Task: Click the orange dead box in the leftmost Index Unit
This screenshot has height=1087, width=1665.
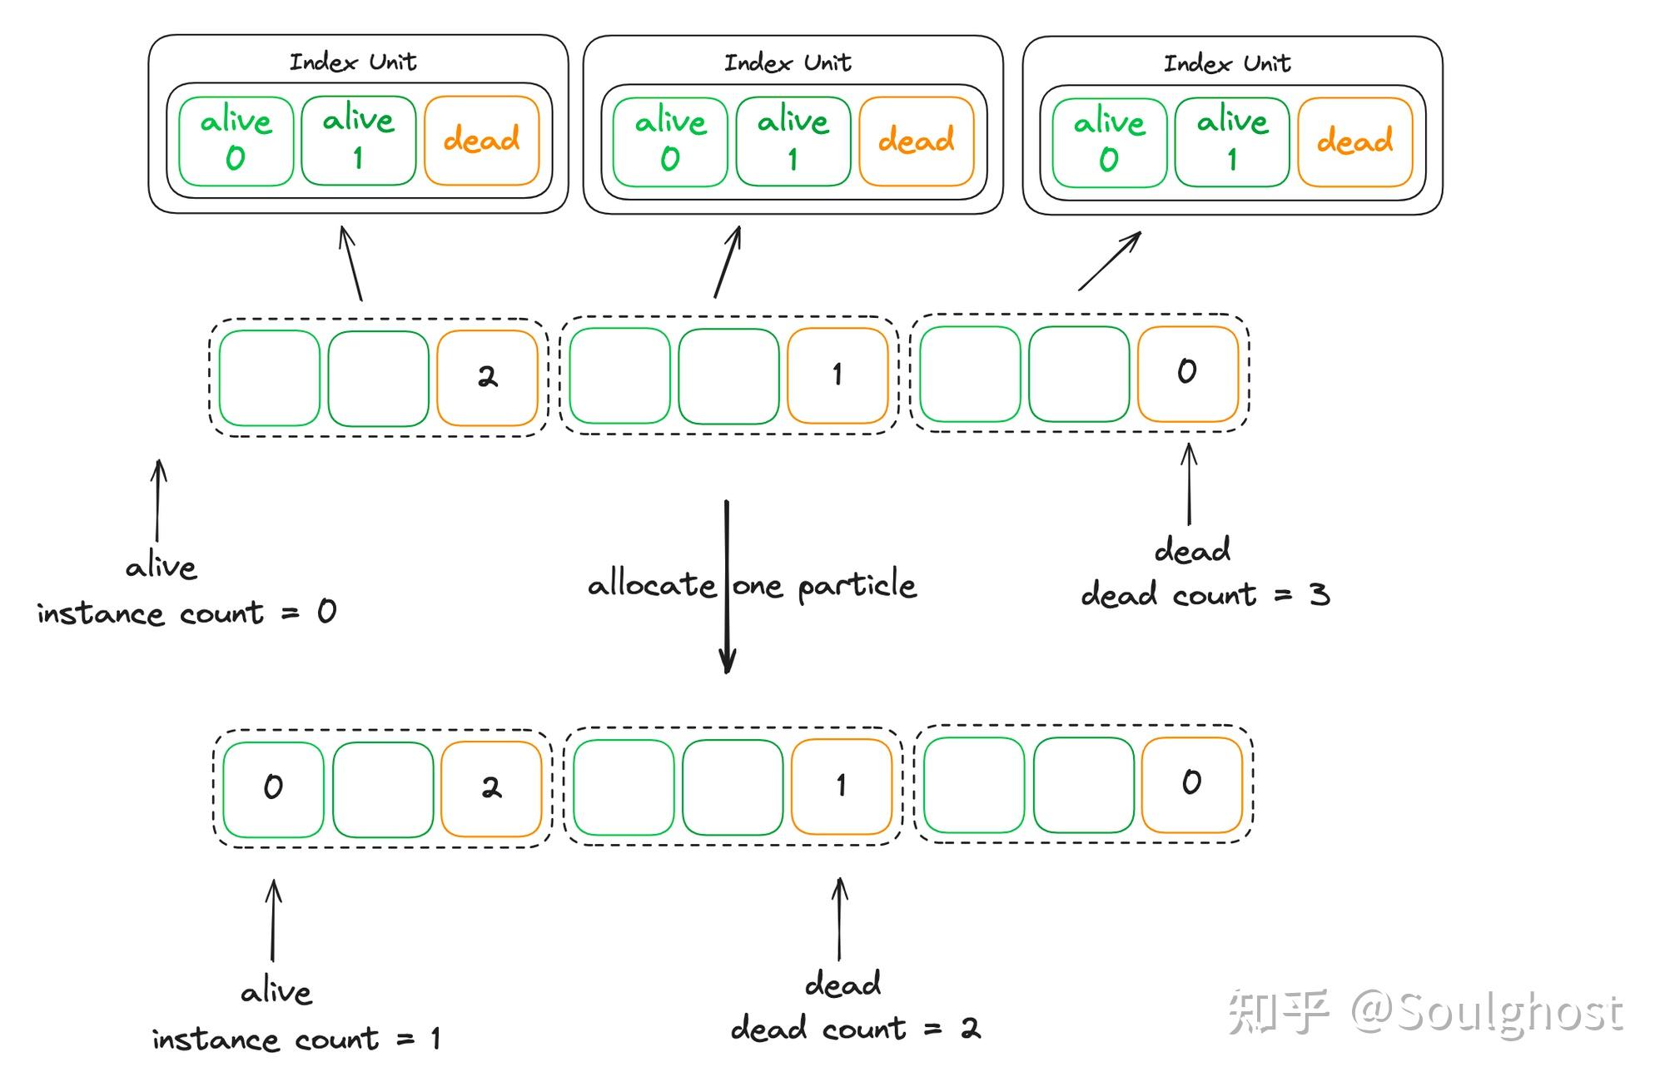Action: [x=481, y=140]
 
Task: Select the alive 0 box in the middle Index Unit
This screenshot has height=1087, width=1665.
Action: [x=670, y=141]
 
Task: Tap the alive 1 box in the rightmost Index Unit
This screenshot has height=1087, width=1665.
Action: [x=1231, y=141]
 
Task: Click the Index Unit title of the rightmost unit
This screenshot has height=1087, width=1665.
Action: [x=1226, y=63]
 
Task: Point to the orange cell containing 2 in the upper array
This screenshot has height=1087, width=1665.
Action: [x=487, y=378]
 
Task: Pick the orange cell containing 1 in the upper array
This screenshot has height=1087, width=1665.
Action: [x=837, y=375]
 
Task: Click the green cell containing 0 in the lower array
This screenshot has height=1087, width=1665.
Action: [x=273, y=788]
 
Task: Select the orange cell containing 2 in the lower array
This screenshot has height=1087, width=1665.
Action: [x=491, y=788]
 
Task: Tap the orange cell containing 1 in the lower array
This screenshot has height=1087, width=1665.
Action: [x=841, y=786]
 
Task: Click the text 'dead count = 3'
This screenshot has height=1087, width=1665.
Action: [x=1205, y=595]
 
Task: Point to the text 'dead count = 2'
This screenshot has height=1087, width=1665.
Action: [x=855, y=1030]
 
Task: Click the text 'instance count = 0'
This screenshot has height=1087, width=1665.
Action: [x=186, y=613]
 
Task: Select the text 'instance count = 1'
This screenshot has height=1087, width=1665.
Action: [x=296, y=1040]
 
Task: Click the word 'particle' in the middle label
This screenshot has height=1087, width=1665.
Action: [x=857, y=586]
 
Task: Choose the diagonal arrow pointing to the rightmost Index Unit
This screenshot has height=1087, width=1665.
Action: [x=1110, y=261]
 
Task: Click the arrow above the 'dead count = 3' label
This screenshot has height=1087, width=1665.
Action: [x=1189, y=484]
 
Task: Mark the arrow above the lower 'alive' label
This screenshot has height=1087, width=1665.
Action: [x=273, y=921]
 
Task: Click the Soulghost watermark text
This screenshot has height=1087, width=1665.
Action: [x=1485, y=1013]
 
